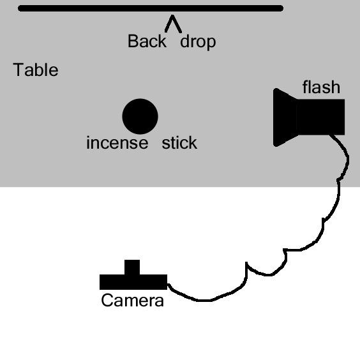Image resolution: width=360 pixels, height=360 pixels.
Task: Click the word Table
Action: coord(36,70)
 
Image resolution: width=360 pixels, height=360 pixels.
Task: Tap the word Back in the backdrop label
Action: coord(147,41)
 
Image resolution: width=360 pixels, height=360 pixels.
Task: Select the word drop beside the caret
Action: coord(198,41)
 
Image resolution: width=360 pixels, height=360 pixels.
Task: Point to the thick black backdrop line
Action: coord(151,8)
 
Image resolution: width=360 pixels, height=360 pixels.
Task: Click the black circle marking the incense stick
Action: coord(140,116)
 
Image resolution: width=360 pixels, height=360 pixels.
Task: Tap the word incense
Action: coord(117,143)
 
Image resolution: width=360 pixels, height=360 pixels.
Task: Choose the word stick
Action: coord(179,142)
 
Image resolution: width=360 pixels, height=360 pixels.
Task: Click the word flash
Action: coord(321,87)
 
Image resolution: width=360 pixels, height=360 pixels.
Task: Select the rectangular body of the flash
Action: coord(320,117)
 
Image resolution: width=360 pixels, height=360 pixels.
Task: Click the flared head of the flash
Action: coord(285,117)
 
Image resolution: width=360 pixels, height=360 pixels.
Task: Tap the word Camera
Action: coord(133,300)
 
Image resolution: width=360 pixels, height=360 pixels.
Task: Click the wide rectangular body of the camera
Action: coord(133,282)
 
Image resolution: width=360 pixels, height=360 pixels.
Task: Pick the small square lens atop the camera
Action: coord(132,267)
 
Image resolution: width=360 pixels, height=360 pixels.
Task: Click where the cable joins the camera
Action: coord(168,285)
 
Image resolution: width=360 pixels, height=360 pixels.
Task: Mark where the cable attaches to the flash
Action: coord(331,135)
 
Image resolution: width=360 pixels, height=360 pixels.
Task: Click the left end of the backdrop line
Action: coord(19,8)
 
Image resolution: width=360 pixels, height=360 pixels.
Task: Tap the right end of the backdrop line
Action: coord(282,8)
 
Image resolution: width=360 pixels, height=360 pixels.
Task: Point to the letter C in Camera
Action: coord(107,300)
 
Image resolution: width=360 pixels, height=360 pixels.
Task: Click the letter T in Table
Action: coord(19,70)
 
